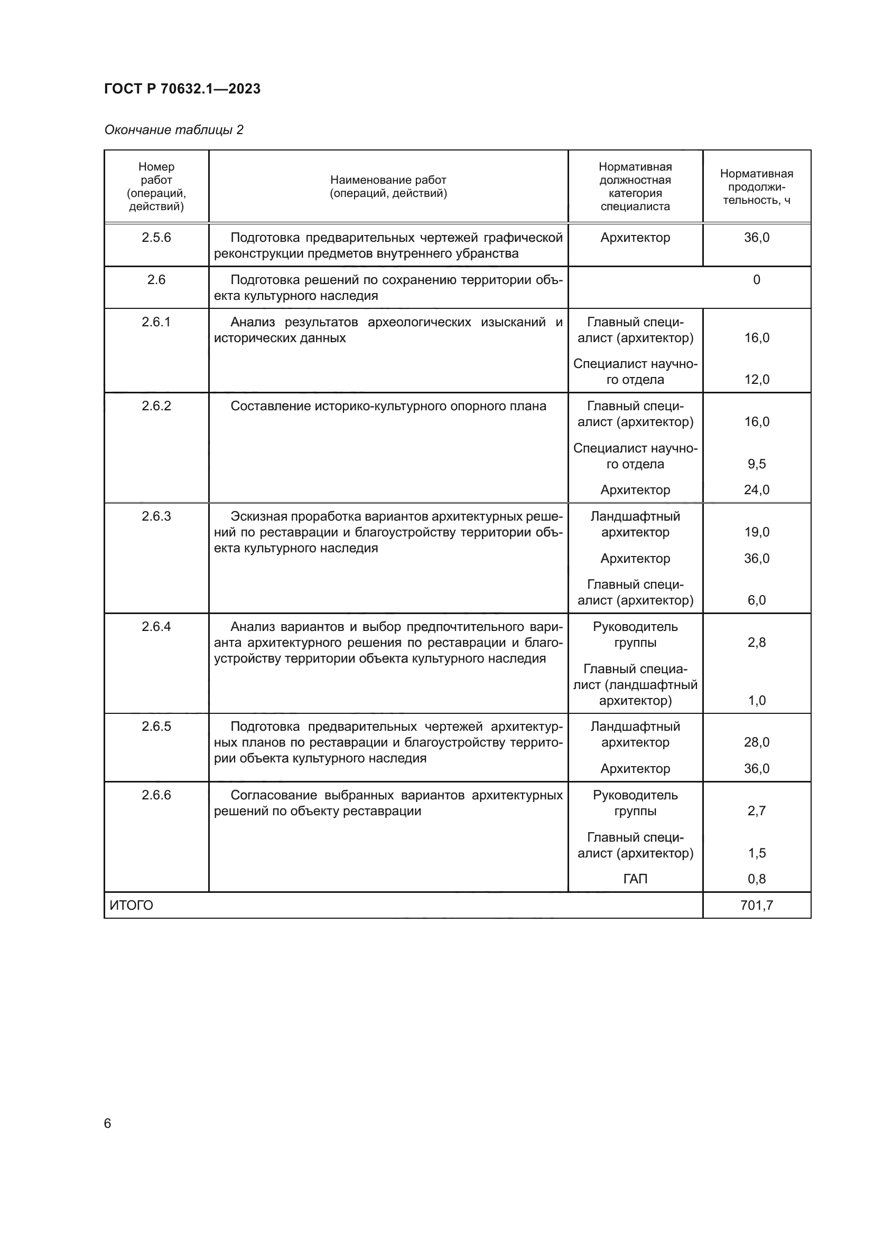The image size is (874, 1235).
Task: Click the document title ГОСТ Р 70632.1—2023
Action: click(x=182, y=89)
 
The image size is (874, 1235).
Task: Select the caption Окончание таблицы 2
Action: click(x=173, y=130)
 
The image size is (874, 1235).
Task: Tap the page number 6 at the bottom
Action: click(x=108, y=1123)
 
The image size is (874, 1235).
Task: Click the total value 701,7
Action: click(x=756, y=906)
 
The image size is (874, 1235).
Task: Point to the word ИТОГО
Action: click(x=132, y=906)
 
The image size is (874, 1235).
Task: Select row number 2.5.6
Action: click(x=156, y=237)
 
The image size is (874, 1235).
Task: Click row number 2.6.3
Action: click(x=156, y=516)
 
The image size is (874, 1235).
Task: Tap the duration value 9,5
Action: click(x=756, y=464)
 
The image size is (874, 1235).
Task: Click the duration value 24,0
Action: click(x=756, y=489)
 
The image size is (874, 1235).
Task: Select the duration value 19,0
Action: click(x=756, y=532)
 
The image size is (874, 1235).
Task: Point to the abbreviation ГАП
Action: click(x=635, y=879)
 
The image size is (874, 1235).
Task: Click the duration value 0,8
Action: click(x=756, y=879)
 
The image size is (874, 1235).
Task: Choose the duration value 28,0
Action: click(x=756, y=742)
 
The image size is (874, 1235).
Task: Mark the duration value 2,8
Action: click(x=756, y=642)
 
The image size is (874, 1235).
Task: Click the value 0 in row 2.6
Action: click(x=756, y=279)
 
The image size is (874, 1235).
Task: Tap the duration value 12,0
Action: click(x=756, y=379)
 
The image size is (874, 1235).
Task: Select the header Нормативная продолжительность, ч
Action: click(x=756, y=186)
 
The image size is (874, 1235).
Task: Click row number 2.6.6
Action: click(x=156, y=795)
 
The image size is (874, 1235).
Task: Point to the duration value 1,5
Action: click(x=756, y=853)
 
